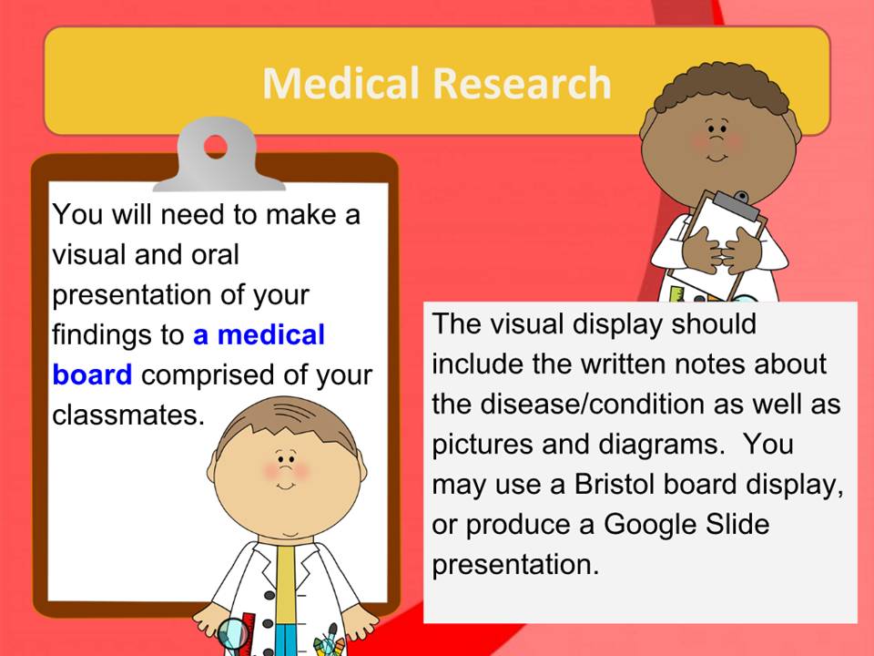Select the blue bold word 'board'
coord(92,374)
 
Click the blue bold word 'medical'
coord(270,335)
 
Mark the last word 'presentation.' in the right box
coord(515,565)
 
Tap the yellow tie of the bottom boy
coord(285,583)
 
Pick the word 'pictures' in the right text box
coord(483,445)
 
